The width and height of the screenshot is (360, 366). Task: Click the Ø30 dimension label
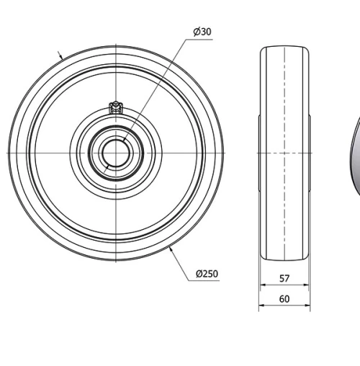pos(202,32)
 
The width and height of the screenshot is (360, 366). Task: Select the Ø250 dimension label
pos(207,274)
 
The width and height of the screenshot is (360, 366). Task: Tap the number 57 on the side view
pos(284,278)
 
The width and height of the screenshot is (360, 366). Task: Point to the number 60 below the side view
pos(284,298)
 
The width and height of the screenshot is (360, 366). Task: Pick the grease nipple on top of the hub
pos(112,108)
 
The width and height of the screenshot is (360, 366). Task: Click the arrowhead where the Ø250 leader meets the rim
pos(170,249)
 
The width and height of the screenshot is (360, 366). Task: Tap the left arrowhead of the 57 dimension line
pos(262,286)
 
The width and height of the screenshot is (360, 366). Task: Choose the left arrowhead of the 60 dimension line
pos(261,306)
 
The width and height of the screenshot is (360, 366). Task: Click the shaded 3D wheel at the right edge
pos(356,155)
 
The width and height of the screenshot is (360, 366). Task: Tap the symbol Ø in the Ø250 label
pos(199,274)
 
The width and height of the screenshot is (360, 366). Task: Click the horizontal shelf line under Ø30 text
pos(202,40)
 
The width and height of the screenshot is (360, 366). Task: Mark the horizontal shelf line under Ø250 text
pos(207,282)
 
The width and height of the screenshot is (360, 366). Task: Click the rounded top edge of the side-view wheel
pos(284,47)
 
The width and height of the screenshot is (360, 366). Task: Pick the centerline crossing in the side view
pos(284,153)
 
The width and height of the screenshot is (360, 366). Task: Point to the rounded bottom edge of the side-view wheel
pos(284,260)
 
